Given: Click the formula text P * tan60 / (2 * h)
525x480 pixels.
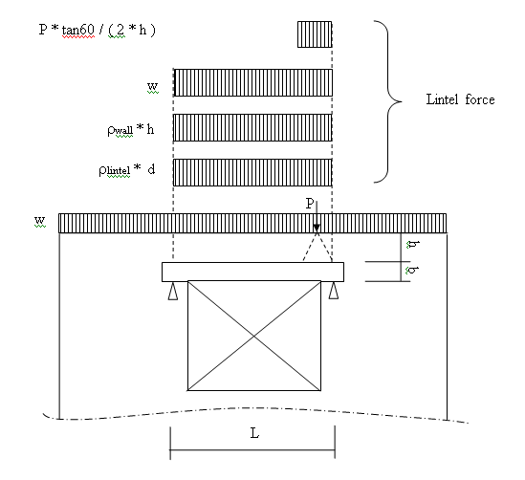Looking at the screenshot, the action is click(x=98, y=30).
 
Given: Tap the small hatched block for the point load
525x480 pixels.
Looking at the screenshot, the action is click(x=315, y=34).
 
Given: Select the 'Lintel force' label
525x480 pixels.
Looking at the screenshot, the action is click(x=460, y=99).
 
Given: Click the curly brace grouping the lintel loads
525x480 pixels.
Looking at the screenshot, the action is click(x=388, y=101).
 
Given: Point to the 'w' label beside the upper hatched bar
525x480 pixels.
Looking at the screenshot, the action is click(x=153, y=86).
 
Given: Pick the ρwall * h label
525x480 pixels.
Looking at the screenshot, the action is click(x=131, y=130).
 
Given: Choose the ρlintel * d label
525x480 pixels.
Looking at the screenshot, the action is click(x=127, y=170).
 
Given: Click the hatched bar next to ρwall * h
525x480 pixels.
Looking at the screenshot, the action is click(x=252, y=127).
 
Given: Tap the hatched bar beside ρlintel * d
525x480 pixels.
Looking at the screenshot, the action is click(x=252, y=172).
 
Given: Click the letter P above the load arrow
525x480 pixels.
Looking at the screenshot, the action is click(x=310, y=203).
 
